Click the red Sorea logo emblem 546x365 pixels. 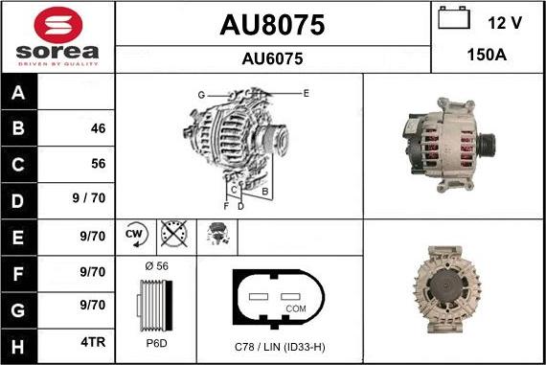[x=58, y=25]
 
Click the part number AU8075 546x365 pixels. [x=272, y=25]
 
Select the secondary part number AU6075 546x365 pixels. [x=272, y=58]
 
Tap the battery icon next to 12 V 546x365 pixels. [x=454, y=18]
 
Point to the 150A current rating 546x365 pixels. [x=487, y=55]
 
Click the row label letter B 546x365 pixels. [x=18, y=127]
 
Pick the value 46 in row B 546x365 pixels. [x=98, y=128]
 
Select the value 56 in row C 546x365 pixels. [x=99, y=164]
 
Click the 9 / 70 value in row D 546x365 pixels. [x=89, y=197]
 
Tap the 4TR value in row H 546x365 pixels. [x=93, y=342]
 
